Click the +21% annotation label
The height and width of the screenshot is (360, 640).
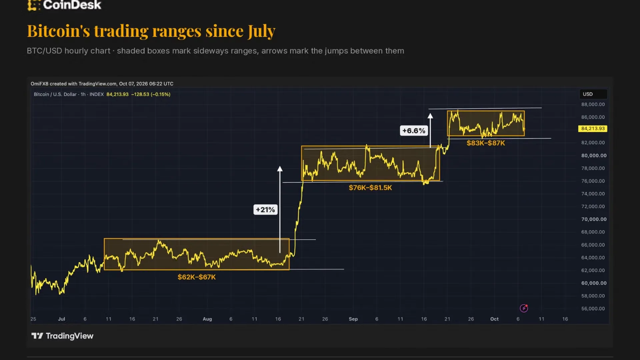[265, 210]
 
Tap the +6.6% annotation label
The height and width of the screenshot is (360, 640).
[414, 131]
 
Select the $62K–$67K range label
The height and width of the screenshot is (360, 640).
[197, 277]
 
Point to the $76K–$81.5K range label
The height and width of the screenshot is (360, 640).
[370, 188]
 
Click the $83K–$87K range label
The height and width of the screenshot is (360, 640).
[486, 143]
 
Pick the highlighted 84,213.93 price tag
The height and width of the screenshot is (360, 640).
[593, 129]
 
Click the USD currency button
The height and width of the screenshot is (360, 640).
[593, 94]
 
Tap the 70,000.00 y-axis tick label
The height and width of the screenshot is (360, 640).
[594, 219]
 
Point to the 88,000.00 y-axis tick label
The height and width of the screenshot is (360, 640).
[593, 104]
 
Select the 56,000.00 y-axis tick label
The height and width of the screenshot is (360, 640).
[593, 309]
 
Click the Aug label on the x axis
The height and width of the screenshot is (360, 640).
[207, 319]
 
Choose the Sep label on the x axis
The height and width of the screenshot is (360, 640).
[353, 319]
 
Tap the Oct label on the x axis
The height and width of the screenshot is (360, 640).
[494, 319]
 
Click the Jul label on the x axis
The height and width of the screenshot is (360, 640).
[61, 319]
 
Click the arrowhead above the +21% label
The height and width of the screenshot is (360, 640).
[280, 169]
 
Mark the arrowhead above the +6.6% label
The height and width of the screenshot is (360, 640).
[430, 116]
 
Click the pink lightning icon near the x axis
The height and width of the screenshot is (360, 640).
[524, 308]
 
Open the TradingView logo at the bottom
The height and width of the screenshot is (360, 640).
[62, 336]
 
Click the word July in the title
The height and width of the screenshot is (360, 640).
[261, 31]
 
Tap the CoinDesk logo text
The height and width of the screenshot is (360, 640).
[72, 5]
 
